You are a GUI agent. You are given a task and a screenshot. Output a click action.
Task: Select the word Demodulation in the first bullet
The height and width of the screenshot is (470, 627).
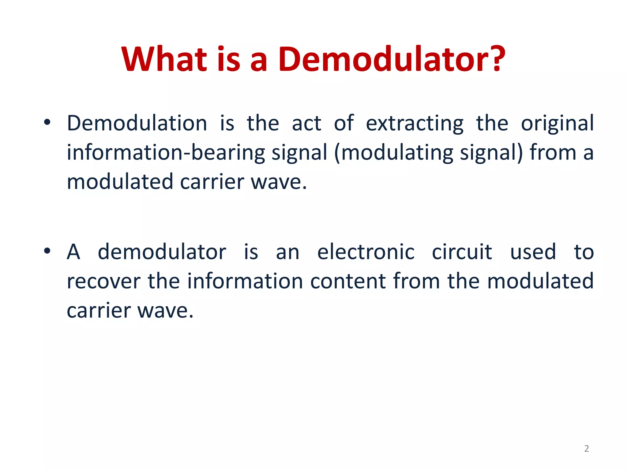pos(137,123)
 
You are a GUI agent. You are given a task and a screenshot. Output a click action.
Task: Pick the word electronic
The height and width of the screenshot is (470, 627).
pos(366,252)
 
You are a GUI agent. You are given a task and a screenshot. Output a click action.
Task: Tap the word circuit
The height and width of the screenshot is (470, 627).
pos(462,252)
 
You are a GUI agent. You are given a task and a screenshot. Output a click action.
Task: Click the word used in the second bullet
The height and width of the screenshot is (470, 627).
pos(533,252)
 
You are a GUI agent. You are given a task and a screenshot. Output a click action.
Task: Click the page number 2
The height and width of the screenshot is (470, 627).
pos(586,449)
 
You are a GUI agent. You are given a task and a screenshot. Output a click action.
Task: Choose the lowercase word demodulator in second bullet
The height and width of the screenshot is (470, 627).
pos(162,252)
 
